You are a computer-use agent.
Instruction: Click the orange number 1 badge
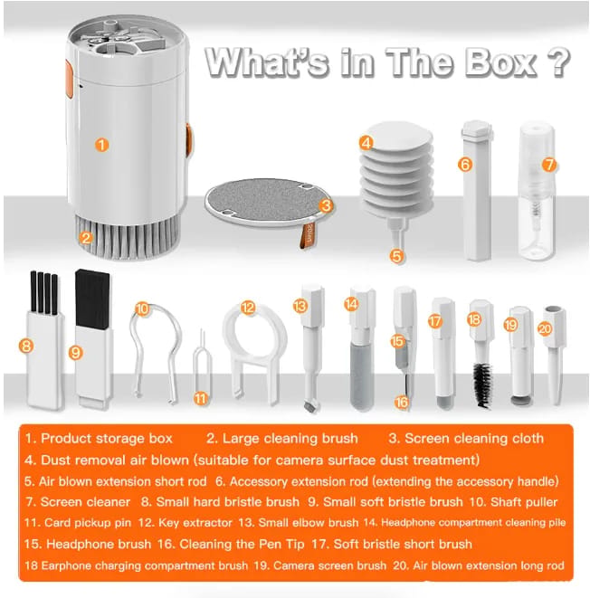(x=101, y=145)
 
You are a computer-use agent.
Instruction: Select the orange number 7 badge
(x=549, y=165)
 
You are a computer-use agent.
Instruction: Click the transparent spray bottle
(x=538, y=191)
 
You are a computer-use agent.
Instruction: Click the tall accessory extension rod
(x=477, y=191)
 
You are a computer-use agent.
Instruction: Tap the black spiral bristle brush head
(x=483, y=384)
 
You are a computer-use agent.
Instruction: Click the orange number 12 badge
(x=248, y=308)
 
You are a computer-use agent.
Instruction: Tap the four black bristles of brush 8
(x=43, y=292)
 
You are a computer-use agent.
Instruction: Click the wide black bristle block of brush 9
(x=92, y=299)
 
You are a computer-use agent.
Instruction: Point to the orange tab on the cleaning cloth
(x=307, y=236)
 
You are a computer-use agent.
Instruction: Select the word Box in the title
(x=500, y=62)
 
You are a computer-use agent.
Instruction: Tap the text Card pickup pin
(x=88, y=523)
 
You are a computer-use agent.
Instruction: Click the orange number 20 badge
(x=545, y=328)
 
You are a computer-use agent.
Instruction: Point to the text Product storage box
(x=107, y=438)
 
